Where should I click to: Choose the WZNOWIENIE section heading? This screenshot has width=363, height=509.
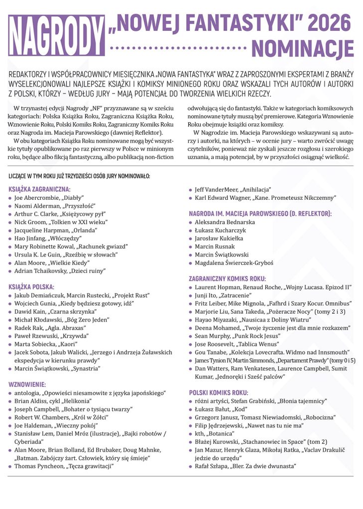click(27, 384)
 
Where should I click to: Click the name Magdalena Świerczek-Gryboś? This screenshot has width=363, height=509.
click(234, 262)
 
